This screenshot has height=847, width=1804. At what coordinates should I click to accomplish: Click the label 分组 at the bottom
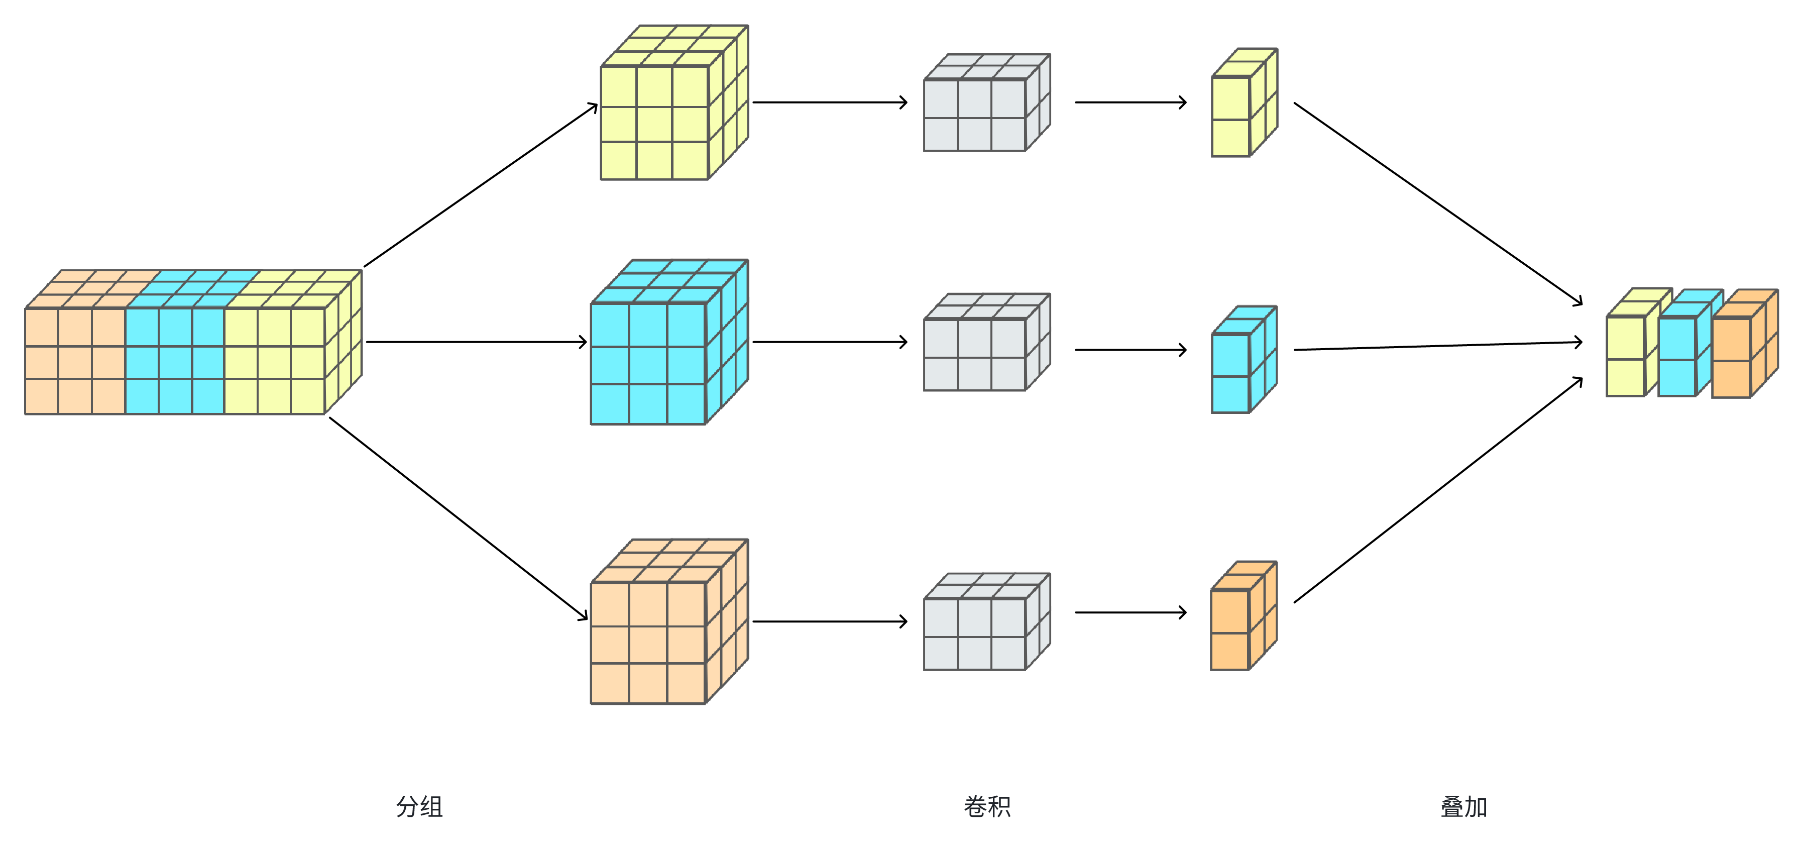(x=419, y=806)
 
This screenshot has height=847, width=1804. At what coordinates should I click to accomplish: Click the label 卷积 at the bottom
(x=987, y=806)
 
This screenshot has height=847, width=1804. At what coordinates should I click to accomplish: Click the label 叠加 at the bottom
(x=1463, y=806)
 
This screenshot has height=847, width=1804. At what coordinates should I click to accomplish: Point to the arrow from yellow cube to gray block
(x=830, y=102)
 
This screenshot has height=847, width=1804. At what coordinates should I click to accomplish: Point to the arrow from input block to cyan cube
(x=476, y=342)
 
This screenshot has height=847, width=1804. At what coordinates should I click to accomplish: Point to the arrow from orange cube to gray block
(x=830, y=621)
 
